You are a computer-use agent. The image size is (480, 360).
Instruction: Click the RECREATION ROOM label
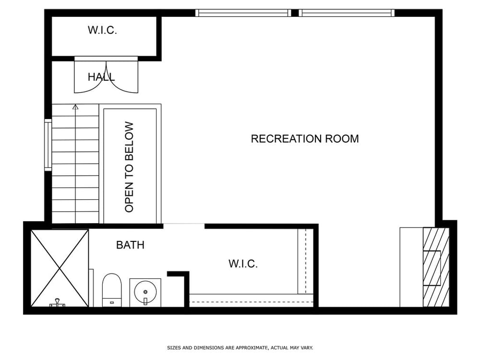(x=305, y=139)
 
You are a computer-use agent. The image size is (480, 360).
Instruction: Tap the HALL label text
(x=101, y=77)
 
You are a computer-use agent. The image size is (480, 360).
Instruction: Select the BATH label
(x=130, y=245)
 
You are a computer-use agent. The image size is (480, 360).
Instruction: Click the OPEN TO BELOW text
(x=129, y=167)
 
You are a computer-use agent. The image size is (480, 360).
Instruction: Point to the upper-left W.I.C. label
(x=102, y=30)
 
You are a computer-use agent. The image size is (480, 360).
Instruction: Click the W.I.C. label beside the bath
(x=243, y=264)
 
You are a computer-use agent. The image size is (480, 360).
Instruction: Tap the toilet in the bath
(x=112, y=290)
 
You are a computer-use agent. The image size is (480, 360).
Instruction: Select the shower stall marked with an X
(x=60, y=268)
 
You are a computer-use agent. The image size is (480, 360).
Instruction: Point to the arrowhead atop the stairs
(x=75, y=107)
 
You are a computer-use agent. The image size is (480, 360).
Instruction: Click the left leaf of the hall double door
(x=91, y=76)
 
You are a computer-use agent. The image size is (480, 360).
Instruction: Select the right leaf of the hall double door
(x=122, y=76)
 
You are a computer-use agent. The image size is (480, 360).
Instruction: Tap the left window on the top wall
(x=243, y=13)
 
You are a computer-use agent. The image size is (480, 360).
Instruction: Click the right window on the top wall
(x=347, y=13)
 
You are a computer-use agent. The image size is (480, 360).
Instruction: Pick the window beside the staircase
(x=48, y=145)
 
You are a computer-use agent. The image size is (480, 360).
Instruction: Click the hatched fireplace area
(x=436, y=267)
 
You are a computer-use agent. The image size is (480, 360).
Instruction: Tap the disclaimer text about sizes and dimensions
(x=240, y=348)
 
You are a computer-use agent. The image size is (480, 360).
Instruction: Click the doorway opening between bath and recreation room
(x=184, y=226)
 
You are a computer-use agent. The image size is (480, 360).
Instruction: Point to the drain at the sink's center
(x=145, y=292)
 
